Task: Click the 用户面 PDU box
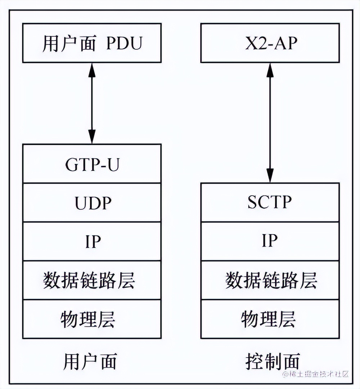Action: pos(92,43)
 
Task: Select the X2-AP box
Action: pos(270,43)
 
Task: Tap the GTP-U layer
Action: pos(92,164)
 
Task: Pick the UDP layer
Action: pos(92,203)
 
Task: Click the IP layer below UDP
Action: pos(92,241)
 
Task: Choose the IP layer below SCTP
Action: pos(270,241)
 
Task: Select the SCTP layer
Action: pos(270,203)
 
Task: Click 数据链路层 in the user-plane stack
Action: pos(92,280)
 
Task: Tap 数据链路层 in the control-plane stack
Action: pos(270,280)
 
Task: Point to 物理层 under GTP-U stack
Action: pos(92,319)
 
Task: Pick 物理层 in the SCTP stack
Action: pos(270,319)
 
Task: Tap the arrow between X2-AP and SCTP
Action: pos(270,122)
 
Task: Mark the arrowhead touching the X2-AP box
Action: pos(270,69)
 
